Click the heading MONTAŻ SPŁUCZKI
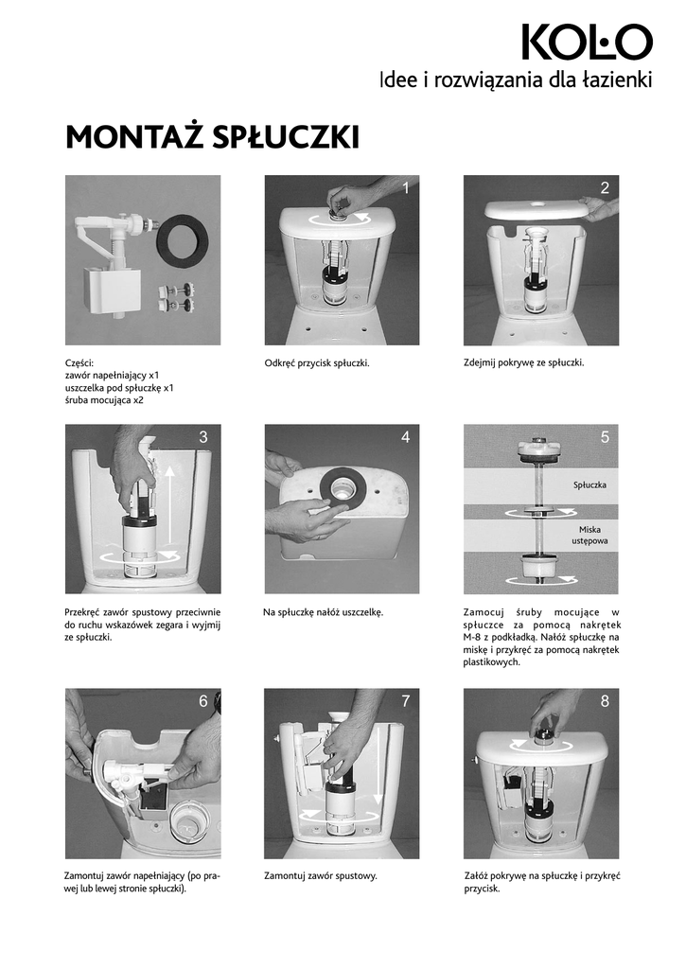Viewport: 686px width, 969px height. pyautogui.click(x=213, y=137)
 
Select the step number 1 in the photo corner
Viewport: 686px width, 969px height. pyautogui.click(x=405, y=188)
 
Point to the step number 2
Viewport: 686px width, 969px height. pyautogui.click(x=605, y=188)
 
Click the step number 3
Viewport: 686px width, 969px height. pyautogui.click(x=203, y=437)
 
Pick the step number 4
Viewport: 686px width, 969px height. pyautogui.click(x=405, y=437)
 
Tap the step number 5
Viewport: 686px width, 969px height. pyautogui.click(x=605, y=437)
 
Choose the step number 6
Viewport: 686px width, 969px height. pyautogui.click(x=203, y=701)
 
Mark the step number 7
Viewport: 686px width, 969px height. pyautogui.click(x=405, y=701)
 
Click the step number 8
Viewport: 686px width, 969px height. pyautogui.click(x=605, y=701)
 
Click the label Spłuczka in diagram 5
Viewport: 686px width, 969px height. pyautogui.click(x=589, y=485)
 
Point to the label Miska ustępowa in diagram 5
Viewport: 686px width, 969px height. pyautogui.click(x=589, y=536)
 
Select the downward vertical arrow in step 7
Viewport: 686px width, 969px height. pyautogui.click(x=377, y=764)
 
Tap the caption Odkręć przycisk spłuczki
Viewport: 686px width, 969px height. pyautogui.click(x=317, y=362)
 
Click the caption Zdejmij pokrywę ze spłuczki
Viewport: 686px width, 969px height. pyautogui.click(x=523, y=362)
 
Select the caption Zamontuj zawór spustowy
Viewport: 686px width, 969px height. pyautogui.click(x=320, y=875)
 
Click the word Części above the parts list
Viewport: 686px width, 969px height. pyautogui.click(x=79, y=363)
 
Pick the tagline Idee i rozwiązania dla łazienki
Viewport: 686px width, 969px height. pyautogui.click(x=516, y=79)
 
